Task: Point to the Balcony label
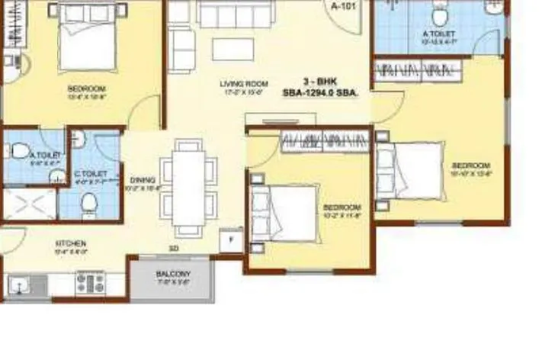coord(173,273)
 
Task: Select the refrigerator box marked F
coord(229,238)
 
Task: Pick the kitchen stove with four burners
coord(91,283)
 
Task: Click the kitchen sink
coord(19,286)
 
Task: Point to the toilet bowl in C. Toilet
coord(90,201)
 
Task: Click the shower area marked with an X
coord(29,204)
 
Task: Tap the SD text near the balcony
coord(173,247)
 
